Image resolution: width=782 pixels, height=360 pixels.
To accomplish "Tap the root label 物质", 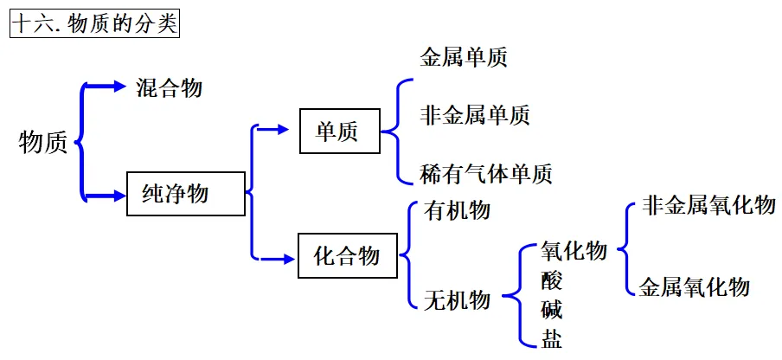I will click(x=42, y=143).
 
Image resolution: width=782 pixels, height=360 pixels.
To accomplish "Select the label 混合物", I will click(x=170, y=87).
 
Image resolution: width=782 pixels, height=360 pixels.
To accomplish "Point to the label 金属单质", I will click(x=464, y=58).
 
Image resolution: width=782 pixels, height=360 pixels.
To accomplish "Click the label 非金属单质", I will click(x=475, y=115).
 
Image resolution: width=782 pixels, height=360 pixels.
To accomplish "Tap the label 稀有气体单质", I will click(x=486, y=174).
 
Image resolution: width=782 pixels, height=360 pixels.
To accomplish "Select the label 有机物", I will click(x=458, y=210).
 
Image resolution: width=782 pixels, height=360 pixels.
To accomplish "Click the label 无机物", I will click(x=458, y=300).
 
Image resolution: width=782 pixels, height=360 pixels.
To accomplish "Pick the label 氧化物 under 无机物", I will click(x=574, y=252).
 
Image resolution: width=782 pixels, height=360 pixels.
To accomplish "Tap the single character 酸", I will click(x=552, y=280).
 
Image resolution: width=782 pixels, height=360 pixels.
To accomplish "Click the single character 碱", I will click(x=552, y=309).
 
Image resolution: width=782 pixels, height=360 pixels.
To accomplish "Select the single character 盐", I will click(x=552, y=337).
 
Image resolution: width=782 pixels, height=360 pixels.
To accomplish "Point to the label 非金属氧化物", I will click(x=708, y=205).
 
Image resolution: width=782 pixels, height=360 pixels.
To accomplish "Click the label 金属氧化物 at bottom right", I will click(x=695, y=286).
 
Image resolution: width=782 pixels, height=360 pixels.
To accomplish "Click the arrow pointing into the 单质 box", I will click(x=274, y=130).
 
